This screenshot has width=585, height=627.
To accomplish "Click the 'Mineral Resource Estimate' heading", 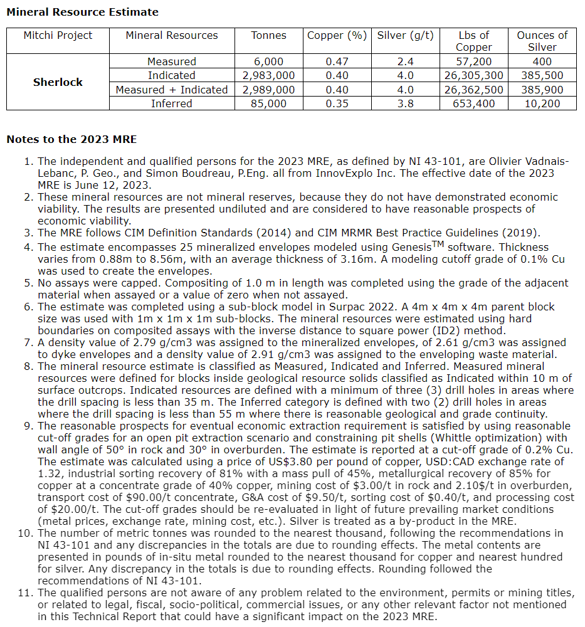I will tap(82, 12).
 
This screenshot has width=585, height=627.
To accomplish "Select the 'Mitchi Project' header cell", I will tap(58, 36).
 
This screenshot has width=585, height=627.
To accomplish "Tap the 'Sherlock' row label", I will tap(58, 82).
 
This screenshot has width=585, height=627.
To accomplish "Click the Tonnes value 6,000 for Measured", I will tap(268, 61).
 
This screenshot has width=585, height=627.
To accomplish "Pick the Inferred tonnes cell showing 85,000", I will tap(268, 103).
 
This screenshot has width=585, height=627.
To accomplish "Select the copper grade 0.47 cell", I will tap(337, 61).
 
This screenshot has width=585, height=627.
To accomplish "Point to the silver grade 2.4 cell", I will tap(405, 61).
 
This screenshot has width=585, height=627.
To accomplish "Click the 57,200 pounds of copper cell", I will tap(473, 61).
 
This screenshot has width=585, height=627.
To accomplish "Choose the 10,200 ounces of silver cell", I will tap(542, 103).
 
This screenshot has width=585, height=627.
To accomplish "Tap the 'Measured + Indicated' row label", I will tap(172, 90).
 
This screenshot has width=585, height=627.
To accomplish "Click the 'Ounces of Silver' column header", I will tap(542, 41).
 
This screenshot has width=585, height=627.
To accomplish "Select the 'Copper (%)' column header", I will tap(337, 36).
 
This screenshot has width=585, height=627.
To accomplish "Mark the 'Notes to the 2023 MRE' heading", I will tap(71, 139).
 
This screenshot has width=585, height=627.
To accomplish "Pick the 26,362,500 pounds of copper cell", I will tap(473, 90).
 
